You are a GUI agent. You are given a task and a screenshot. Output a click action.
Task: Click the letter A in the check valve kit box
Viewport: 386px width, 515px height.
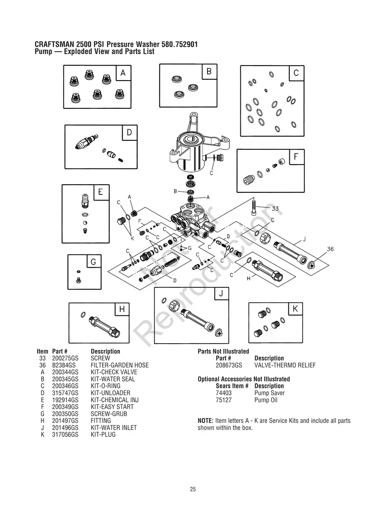(123, 73)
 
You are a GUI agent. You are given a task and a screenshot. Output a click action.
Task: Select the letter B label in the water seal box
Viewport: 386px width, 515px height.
(209, 72)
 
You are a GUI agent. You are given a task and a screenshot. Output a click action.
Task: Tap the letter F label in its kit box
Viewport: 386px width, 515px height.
(296, 157)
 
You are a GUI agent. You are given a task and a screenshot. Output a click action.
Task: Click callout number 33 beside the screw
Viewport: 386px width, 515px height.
(275, 208)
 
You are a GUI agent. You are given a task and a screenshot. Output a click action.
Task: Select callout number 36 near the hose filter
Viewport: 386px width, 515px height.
(330, 249)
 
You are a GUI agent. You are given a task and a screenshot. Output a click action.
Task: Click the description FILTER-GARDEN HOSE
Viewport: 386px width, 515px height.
(120, 365)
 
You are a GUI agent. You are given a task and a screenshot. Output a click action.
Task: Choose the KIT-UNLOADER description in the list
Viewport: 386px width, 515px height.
(110, 393)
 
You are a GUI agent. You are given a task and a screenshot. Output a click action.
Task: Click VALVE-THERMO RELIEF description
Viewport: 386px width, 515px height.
(285, 365)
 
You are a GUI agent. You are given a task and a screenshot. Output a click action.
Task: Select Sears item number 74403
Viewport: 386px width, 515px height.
(224, 393)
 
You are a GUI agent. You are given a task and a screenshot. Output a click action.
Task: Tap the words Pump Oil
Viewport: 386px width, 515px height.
(265, 400)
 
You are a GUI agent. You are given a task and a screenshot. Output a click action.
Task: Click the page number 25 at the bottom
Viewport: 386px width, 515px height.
(193, 489)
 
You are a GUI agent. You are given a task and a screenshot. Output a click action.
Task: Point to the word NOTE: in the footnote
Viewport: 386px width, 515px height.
(206, 421)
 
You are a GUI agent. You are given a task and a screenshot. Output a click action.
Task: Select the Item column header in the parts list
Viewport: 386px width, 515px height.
(42, 351)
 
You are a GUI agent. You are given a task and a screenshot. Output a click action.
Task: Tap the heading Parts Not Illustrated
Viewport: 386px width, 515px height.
(223, 351)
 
